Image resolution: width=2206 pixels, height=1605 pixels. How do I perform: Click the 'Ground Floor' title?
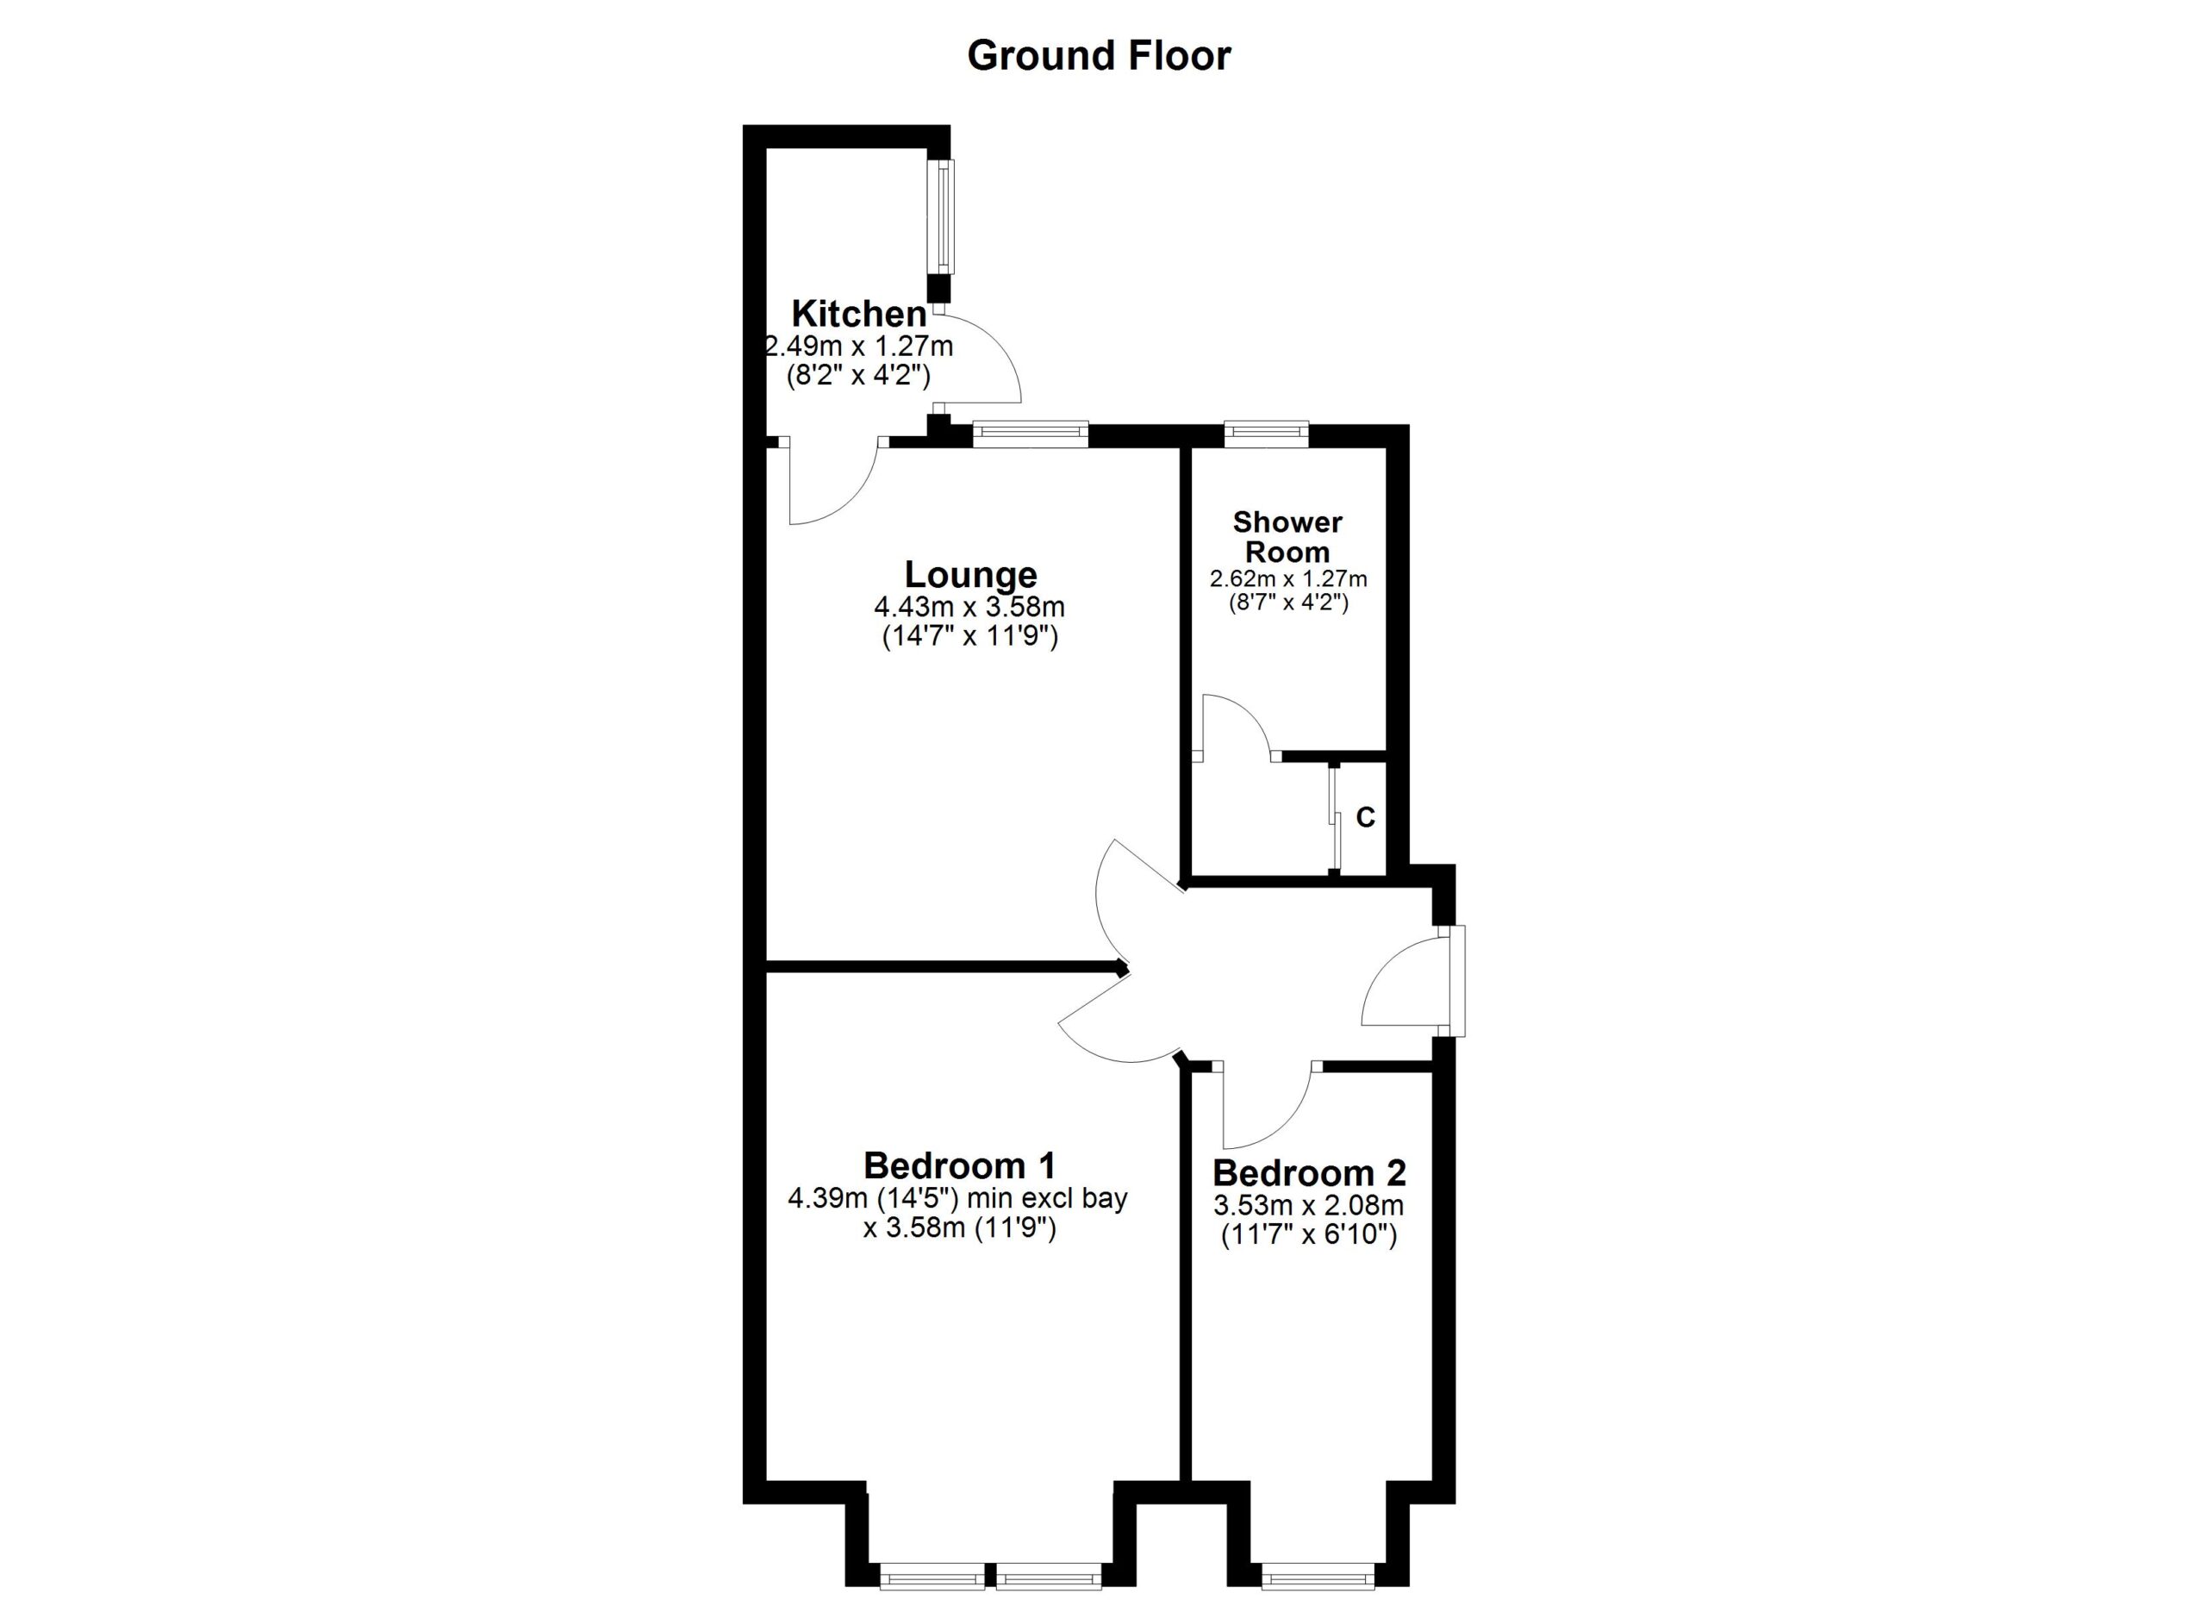point(1098,55)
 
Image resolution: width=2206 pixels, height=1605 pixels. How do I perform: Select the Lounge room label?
point(970,574)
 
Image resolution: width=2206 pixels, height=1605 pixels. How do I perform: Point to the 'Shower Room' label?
point(1287,536)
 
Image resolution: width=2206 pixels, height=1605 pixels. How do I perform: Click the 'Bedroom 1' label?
point(959,1165)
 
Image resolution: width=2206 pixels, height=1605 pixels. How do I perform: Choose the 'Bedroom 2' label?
point(1308,1172)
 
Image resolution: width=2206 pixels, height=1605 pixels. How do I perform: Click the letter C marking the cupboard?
point(1365,818)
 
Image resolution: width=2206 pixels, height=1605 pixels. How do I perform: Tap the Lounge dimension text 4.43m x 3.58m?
point(969,607)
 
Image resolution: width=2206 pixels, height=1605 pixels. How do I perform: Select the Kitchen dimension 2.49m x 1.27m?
point(859,346)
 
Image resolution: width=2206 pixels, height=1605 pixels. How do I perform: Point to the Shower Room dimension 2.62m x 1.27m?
point(1287,578)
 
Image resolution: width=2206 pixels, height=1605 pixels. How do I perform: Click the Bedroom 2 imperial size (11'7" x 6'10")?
point(1308,1235)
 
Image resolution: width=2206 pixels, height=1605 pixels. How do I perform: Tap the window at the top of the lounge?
point(1030,434)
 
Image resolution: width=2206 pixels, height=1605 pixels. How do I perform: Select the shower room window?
point(1266,433)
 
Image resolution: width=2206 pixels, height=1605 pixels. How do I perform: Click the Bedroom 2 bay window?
point(1318,1576)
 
